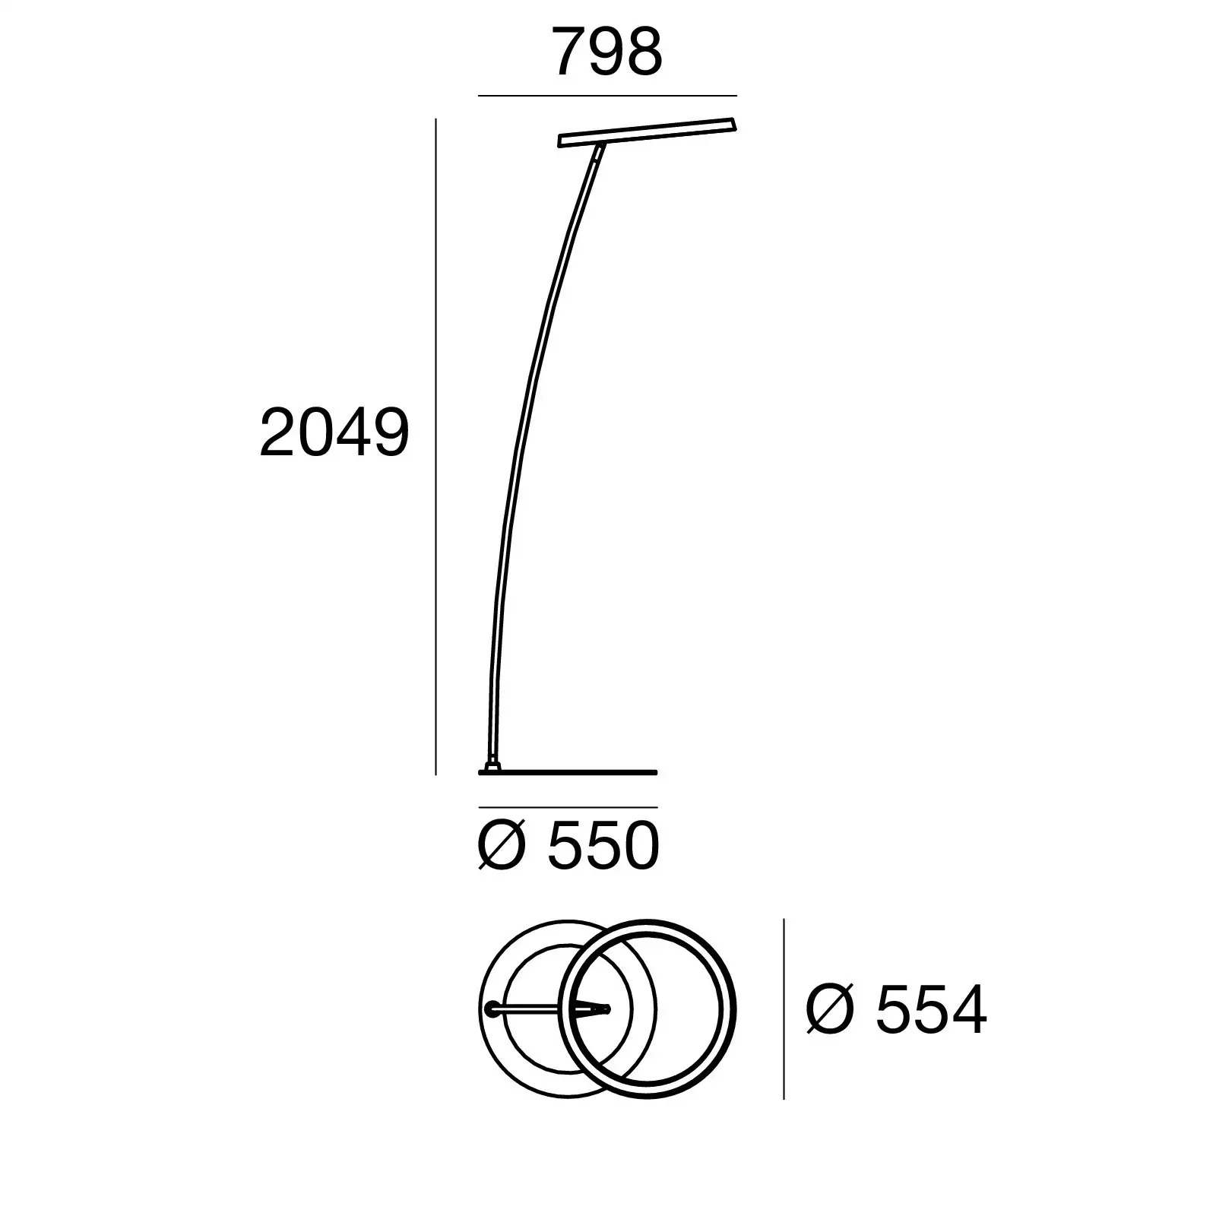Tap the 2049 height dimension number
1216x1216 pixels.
pyautogui.click(x=334, y=432)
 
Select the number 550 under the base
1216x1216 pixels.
pyautogui.click(x=603, y=847)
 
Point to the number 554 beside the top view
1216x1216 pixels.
pyautogui.click(x=931, y=1010)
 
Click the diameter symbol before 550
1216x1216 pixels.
pyautogui.click(x=502, y=847)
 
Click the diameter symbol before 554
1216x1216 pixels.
pyautogui.click(x=830, y=1010)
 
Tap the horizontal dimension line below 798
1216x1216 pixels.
pyautogui.click(x=607, y=96)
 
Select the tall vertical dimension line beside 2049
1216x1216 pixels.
pyautogui.click(x=435, y=446)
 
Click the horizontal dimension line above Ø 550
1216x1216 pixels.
pyautogui.click(x=568, y=807)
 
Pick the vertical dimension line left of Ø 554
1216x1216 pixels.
pyautogui.click(x=784, y=1009)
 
